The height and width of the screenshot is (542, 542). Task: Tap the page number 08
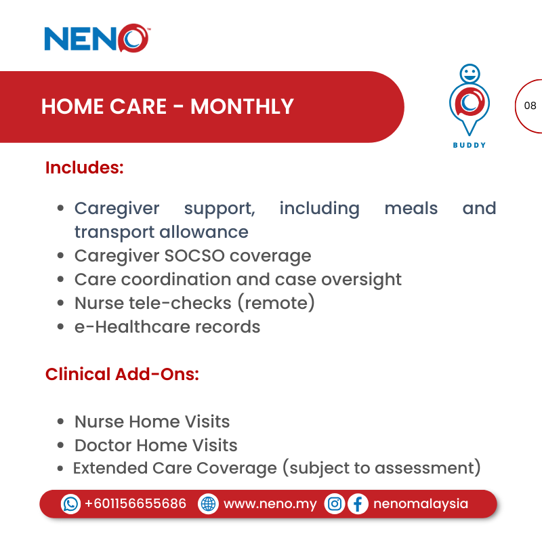530,106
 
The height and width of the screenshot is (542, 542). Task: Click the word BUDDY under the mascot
470,145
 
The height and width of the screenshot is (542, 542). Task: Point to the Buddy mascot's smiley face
470,73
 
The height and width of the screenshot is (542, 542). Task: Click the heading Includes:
85,167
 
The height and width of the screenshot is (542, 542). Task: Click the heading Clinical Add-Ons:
122,374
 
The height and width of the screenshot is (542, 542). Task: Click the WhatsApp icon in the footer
70,504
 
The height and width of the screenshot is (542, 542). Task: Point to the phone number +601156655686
135,504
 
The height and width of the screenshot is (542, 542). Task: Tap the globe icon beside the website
208,504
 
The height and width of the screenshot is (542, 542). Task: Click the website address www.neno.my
270,504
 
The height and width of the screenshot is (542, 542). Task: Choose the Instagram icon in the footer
335,504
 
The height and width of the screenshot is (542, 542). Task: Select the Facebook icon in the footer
358,504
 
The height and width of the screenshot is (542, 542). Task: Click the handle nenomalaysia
421,504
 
